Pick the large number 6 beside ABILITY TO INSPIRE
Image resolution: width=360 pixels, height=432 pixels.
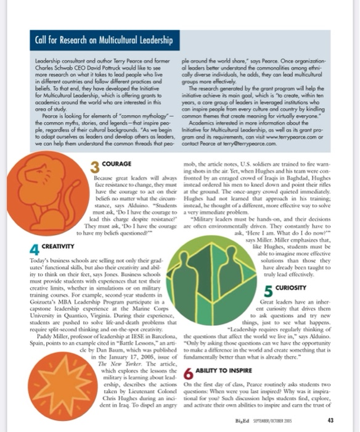pyautogui.click(x=189, y=375)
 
